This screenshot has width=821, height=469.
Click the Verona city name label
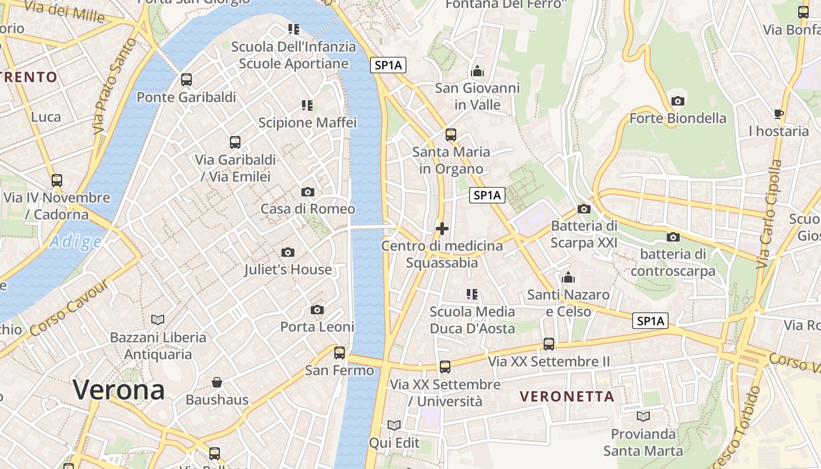pos(118,390)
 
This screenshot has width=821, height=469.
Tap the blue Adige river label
pos(75,242)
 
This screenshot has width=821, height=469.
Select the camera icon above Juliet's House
pos(287,252)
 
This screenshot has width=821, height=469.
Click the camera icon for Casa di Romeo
pos(307,192)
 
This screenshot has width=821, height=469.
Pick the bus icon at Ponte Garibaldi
pos(186,80)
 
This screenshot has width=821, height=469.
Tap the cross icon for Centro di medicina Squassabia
pos(442,229)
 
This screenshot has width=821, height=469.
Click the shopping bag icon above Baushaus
pos(217,382)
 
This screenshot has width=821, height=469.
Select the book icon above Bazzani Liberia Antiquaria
pos(158,320)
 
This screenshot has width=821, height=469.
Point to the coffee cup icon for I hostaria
pos(779,114)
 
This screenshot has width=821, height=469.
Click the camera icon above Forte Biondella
pos(678,101)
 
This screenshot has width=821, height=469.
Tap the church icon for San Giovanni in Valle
pos(477,71)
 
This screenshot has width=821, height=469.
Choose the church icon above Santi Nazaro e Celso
pos(568,277)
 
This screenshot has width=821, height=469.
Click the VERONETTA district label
pos(567,397)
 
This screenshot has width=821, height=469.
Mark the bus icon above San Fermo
pos(340,353)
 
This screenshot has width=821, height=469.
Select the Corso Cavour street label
pos(69,308)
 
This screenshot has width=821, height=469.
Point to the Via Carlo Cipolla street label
pos(769,215)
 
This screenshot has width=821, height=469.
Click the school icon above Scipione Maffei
pos(307,106)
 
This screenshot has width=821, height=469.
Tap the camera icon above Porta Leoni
pos(317,310)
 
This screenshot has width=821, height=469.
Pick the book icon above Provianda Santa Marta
pos(643,416)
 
